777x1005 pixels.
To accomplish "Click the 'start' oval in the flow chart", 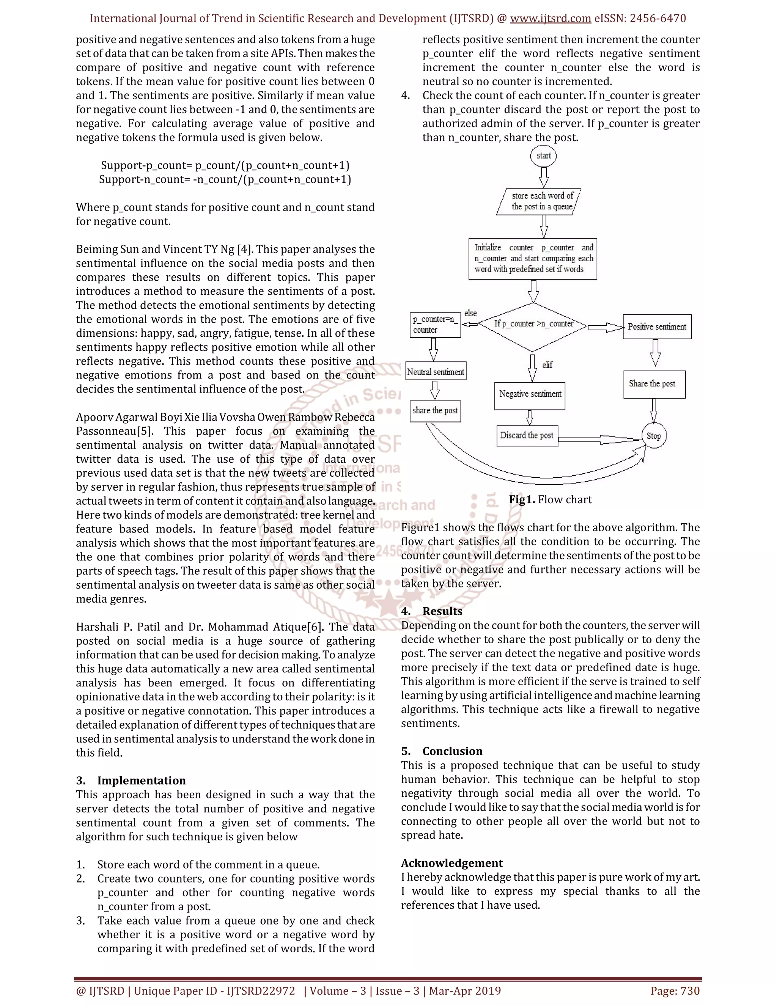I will [543, 155].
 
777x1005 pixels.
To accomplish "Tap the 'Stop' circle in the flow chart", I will [654, 436].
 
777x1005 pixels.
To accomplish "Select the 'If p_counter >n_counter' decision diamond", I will [533, 324].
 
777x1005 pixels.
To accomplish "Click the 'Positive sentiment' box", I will [657, 327].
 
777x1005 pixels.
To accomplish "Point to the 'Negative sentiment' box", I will [530, 395].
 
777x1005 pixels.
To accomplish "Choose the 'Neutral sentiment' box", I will [436, 371].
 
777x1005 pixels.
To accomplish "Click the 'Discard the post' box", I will [527, 436].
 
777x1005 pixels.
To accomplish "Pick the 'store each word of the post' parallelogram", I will [539, 201].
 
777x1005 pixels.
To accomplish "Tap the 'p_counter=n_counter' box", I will [435, 325].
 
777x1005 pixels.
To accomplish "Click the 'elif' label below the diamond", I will [547, 365].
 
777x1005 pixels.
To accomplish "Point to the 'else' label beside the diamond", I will [470, 313].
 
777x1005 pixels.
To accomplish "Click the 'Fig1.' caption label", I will [522, 500].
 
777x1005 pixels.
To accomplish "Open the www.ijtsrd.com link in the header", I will [551, 19].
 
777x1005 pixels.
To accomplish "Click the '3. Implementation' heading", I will [131, 780].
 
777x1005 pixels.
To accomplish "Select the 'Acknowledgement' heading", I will [451, 863].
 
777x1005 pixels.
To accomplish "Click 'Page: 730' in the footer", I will [675, 991].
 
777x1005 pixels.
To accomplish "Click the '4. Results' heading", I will [431, 611].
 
